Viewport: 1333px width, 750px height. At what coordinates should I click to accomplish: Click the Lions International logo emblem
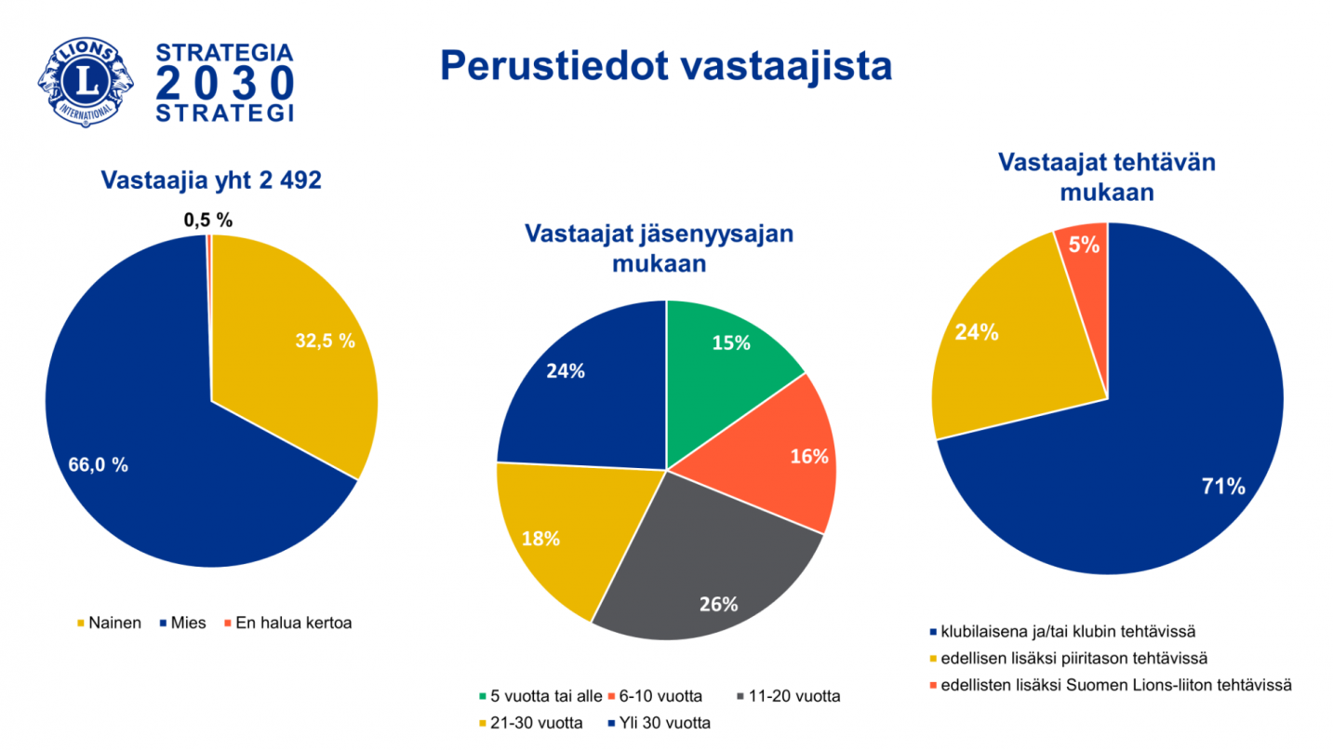click(86, 83)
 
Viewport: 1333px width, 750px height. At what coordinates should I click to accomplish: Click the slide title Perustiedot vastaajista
click(665, 66)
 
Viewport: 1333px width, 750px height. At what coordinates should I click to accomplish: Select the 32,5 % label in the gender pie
click(326, 341)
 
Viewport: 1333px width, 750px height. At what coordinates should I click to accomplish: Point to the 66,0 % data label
click(99, 465)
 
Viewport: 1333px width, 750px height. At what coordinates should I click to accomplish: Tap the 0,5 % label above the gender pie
click(207, 221)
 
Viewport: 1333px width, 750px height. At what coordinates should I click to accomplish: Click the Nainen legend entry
click(109, 623)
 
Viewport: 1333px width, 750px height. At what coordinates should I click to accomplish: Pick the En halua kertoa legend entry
click(286, 623)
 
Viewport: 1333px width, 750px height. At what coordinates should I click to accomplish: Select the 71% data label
click(1224, 485)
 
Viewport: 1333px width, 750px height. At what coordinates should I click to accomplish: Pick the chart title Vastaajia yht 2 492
click(211, 181)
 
